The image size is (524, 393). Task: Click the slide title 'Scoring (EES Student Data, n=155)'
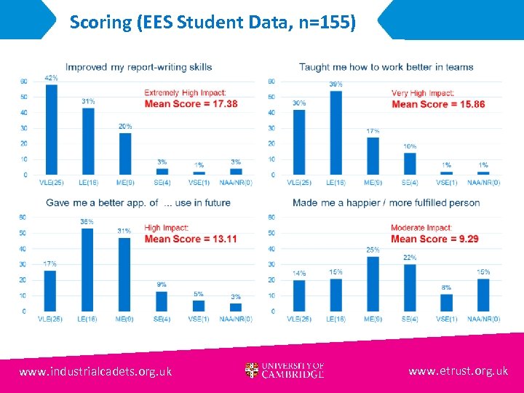213,23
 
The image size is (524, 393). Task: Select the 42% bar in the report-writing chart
51,130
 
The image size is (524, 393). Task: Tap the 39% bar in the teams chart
336,132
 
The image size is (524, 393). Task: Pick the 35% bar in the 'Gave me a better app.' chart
87,269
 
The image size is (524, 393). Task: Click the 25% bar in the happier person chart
373,284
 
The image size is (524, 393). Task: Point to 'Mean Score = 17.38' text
191,104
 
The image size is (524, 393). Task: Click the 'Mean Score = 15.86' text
438,104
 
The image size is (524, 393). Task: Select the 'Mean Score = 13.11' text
191,239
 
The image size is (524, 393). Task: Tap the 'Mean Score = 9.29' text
434,239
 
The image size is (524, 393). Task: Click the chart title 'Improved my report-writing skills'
139,67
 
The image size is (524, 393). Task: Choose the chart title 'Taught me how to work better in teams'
386,67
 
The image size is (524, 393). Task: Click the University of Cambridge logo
285,370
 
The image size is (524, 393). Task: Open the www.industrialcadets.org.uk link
95,371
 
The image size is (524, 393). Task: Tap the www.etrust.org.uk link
458,371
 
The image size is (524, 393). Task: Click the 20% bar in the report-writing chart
125,154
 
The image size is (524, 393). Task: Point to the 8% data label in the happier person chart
446,288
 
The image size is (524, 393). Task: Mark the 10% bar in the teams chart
410,164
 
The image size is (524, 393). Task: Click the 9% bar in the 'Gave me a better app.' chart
162,301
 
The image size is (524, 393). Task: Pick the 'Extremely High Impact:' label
185,93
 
